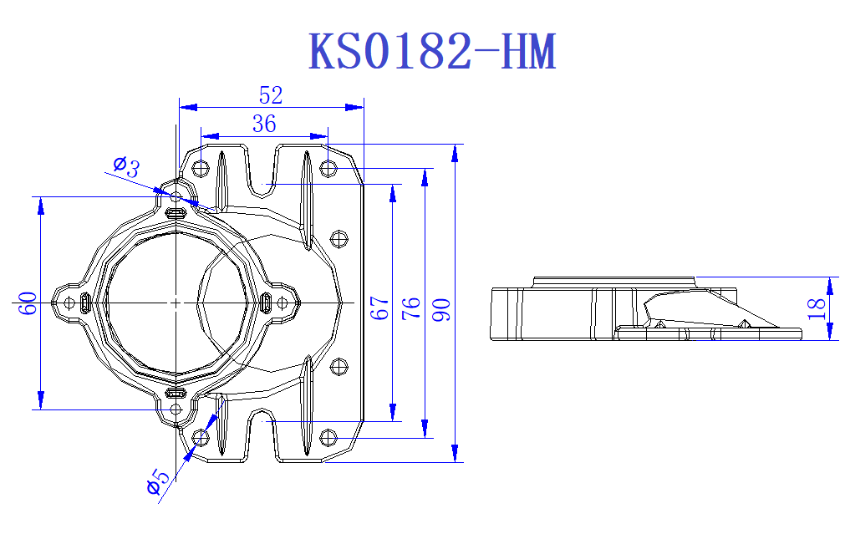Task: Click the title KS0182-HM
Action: [432, 52]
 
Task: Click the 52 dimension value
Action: [271, 95]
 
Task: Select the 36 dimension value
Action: [264, 125]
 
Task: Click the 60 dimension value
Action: [28, 303]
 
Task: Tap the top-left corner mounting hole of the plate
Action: [201, 168]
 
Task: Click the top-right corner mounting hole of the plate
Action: [328, 168]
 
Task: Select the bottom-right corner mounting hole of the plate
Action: [328, 437]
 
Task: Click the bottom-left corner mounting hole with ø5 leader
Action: [201, 437]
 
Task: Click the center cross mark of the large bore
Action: [176, 302]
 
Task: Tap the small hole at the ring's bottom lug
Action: [176, 409]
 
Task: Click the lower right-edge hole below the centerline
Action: [339, 365]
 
